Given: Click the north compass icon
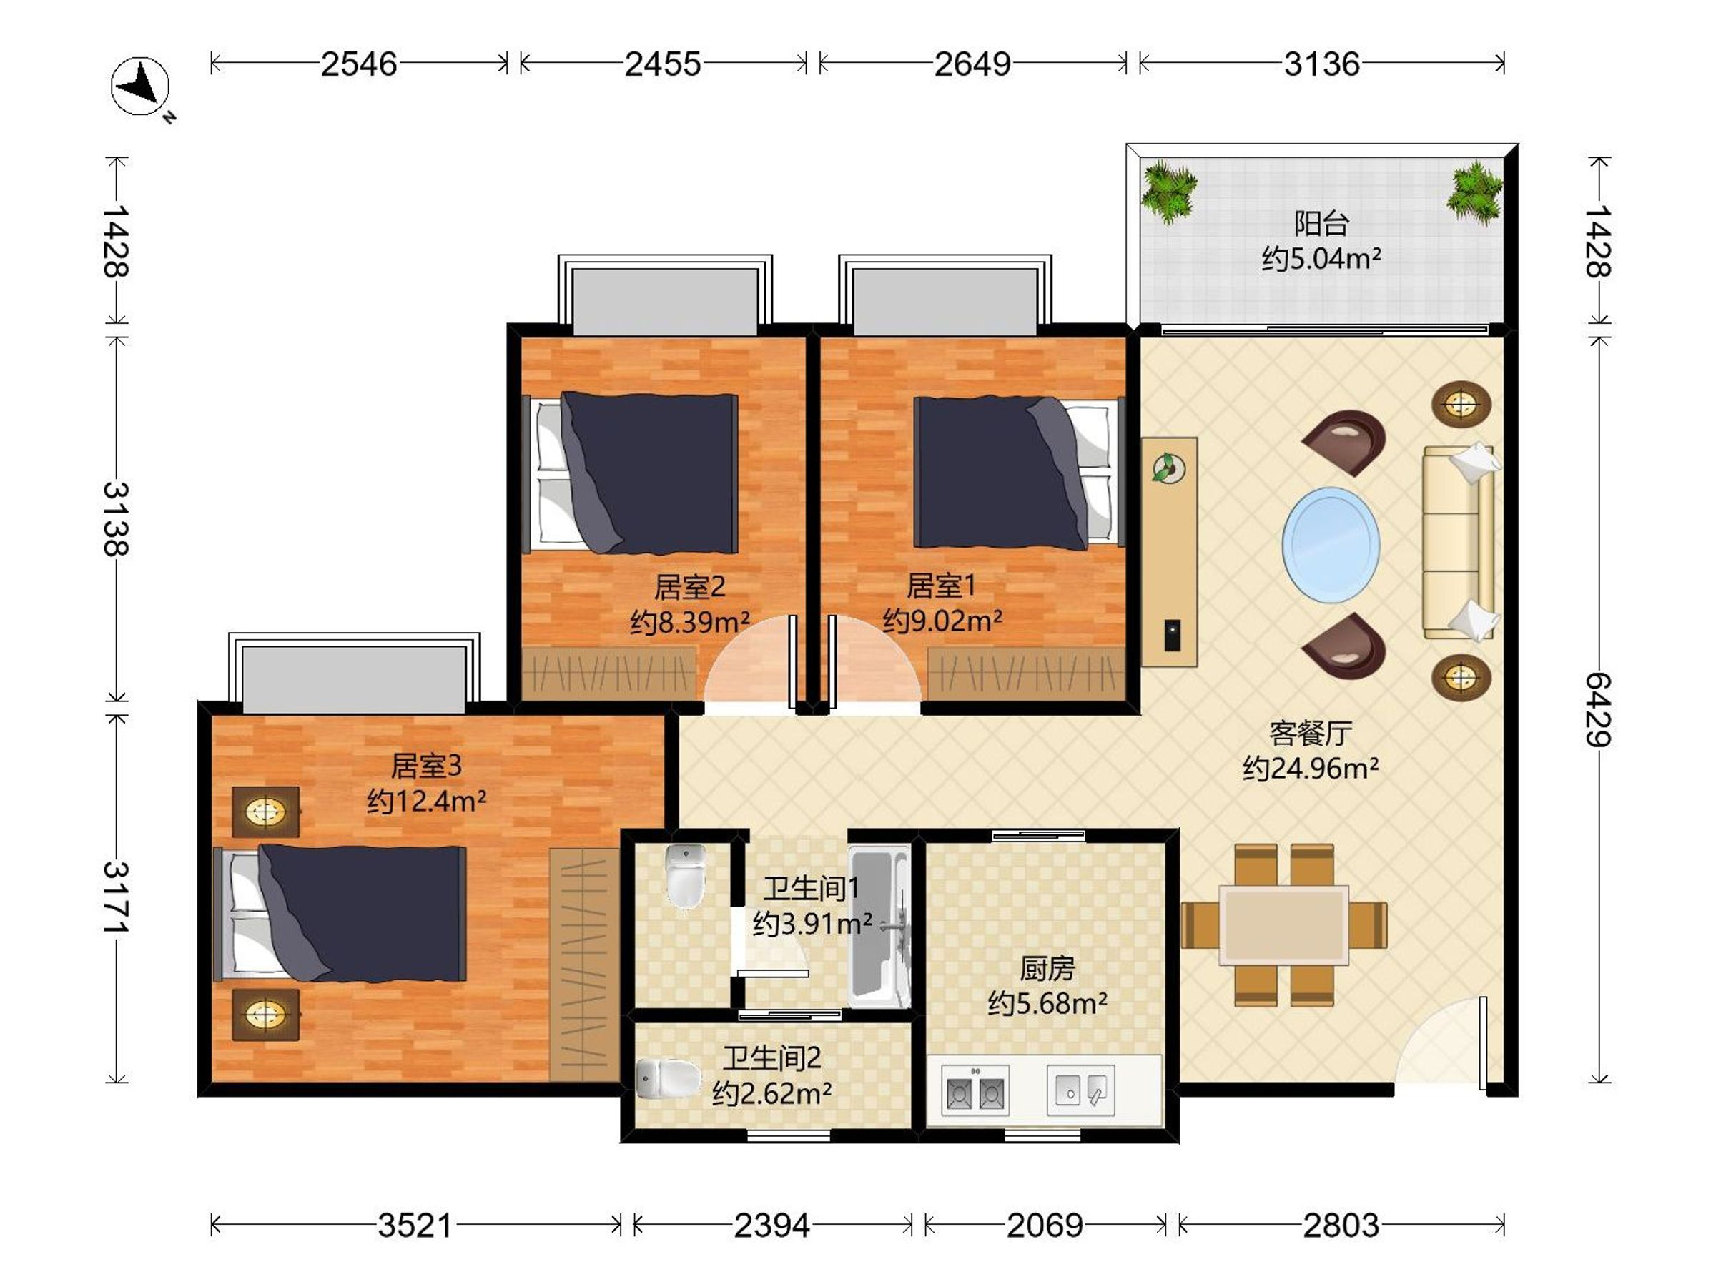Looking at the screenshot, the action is coord(140,86).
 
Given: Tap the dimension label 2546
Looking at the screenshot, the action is coord(359,64).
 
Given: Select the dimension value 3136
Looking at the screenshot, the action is coord(1322,64).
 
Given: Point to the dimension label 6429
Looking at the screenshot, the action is coord(1599,710).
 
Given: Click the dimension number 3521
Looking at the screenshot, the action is coord(415,1226).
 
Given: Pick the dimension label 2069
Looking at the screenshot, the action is coord(1045,1226).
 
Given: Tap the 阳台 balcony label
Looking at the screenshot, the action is coord(1321,223).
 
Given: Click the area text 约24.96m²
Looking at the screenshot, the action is coord(1311,768).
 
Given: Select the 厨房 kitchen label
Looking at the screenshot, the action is coord(1047,969).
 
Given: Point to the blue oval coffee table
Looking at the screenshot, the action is coord(1331,543).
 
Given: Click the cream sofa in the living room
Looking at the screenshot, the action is coord(1459,542).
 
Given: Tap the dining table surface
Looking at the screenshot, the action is coord(1284,924).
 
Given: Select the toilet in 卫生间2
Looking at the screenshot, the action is coord(667,1079).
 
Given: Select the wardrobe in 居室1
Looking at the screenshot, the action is coord(1026,674).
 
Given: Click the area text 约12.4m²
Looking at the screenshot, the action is coord(427,801).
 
